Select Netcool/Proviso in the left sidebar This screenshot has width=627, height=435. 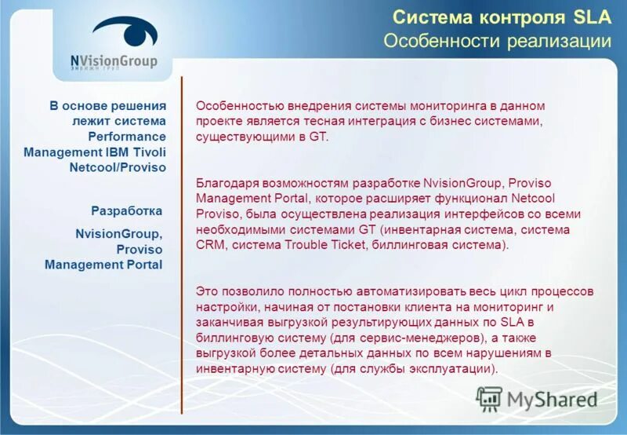click(118, 167)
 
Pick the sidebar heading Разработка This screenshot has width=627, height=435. click(126, 210)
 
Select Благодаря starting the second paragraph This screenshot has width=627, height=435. click(223, 182)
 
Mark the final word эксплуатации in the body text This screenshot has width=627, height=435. click(455, 369)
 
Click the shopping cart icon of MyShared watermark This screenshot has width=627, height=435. click(489, 398)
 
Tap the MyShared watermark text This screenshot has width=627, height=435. click(552, 399)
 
